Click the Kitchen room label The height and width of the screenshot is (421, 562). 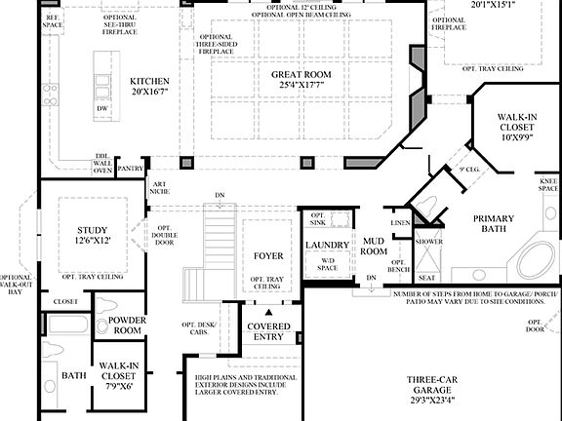click(x=150, y=81)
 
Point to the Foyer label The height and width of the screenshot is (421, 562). click(x=268, y=256)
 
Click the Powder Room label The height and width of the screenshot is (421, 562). click(x=127, y=325)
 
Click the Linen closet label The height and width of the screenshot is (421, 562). click(x=400, y=223)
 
